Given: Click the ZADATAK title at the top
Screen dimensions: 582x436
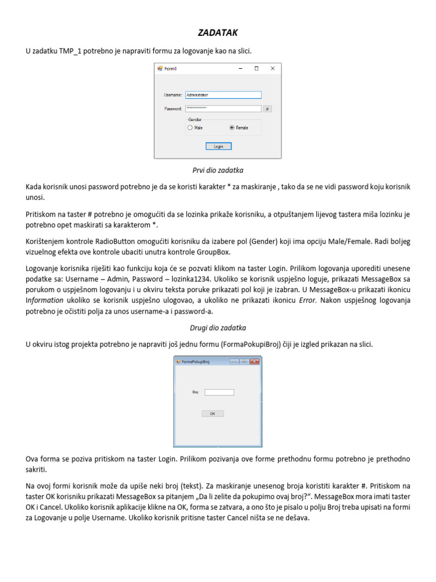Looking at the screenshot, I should tap(217, 34).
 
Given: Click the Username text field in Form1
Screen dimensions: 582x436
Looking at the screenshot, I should tap(223, 95).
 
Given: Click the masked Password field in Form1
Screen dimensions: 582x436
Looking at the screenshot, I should tap(223, 109).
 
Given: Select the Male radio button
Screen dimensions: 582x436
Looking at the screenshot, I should tap(190, 128).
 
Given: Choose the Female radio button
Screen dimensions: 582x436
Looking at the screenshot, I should tap(232, 128).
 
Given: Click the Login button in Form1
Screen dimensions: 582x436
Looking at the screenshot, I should tap(218, 146).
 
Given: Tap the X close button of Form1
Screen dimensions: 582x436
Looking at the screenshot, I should tap(272, 69).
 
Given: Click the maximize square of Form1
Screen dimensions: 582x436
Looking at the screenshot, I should tap(257, 69).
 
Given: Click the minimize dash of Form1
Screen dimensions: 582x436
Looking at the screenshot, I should tap(241, 69).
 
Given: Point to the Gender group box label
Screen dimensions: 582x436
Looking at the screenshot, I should tap(195, 120).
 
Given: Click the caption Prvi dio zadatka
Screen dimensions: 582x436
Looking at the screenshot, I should tap(218, 170).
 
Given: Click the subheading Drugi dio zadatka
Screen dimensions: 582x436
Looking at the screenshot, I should tap(218, 328).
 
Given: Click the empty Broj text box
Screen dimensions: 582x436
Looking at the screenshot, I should tap(219, 392).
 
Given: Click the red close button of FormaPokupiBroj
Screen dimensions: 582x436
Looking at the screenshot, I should tap(254, 361).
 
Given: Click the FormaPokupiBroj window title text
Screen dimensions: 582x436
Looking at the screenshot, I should tap(196, 361).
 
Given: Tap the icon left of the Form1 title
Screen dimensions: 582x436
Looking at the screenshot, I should tap(160, 69).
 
